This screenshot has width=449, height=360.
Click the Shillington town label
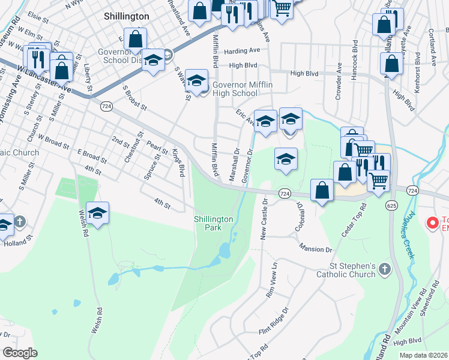click(x=126, y=16)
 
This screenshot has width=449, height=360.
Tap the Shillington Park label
click(x=213, y=223)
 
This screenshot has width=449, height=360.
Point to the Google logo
click(x=20, y=353)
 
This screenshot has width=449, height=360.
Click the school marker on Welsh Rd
click(x=97, y=212)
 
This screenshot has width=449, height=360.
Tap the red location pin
click(x=432, y=223)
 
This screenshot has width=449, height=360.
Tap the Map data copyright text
click(x=424, y=355)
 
